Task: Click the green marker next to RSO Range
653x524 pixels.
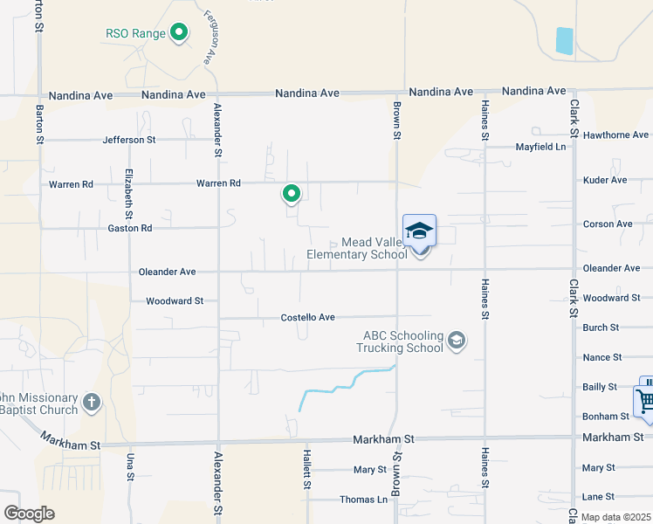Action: (180, 33)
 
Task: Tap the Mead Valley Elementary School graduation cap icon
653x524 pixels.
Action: (419, 231)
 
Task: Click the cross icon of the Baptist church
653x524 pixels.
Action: (92, 403)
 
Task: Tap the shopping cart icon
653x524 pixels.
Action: (646, 401)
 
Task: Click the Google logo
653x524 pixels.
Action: (29, 514)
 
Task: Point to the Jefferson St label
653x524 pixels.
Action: (128, 140)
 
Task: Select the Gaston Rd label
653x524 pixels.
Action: (129, 228)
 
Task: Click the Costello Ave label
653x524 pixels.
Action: (307, 317)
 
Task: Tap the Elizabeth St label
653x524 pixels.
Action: (128, 193)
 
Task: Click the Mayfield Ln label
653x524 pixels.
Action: (540, 147)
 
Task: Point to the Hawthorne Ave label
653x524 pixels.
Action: (615, 135)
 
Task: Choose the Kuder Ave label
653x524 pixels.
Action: (605, 180)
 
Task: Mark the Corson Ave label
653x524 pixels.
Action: (608, 224)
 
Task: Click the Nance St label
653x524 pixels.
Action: (601, 357)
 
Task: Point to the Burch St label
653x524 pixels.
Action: (601, 327)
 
